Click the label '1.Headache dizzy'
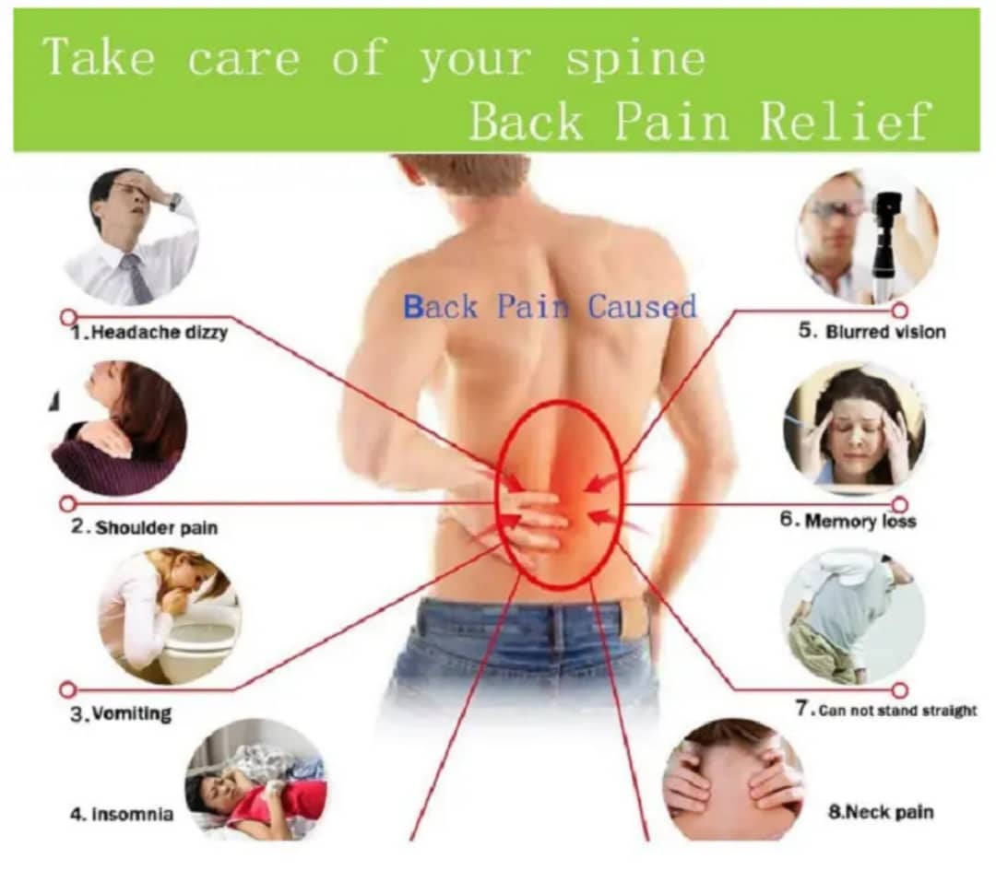[149, 333]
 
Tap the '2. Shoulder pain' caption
[146, 529]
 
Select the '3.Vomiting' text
[122, 713]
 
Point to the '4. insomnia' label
[122, 815]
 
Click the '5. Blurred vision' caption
[871, 332]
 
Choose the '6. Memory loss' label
[848, 521]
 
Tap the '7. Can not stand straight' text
[885, 711]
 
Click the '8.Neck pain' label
[881, 813]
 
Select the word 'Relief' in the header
[845, 122]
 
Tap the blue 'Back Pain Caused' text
[550, 306]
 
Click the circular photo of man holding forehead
[131, 235]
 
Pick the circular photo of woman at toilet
[169, 616]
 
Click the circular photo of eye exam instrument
[866, 236]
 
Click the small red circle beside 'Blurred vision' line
[899, 311]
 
